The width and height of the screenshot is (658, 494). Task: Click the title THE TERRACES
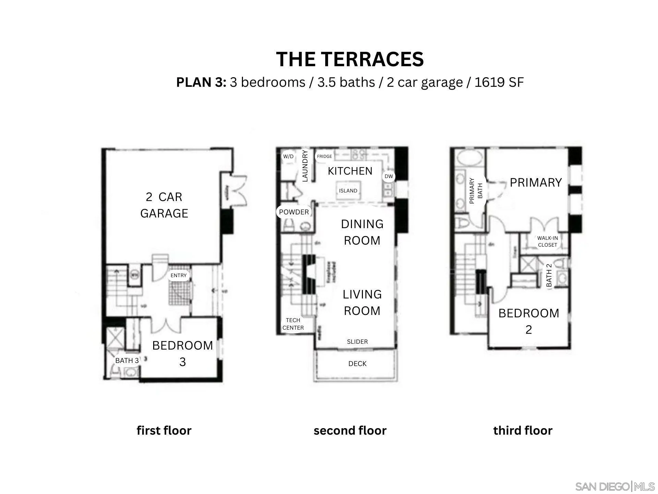[x=350, y=59]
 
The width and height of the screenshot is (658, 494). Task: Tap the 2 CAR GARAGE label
[x=164, y=205]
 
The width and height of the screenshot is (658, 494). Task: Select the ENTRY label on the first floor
[x=179, y=275]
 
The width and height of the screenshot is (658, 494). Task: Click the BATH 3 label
[x=127, y=361]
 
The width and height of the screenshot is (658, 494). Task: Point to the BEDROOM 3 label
[x=183, y=353]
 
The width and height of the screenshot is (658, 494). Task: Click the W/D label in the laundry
[x=288, y=156]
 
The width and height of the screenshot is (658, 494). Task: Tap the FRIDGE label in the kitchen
[x=324, y=156]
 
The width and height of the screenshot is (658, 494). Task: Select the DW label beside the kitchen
[x=389, y=176]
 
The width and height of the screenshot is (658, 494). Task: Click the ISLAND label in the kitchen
[x=348, y=191]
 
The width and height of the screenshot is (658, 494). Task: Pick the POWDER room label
[x=294, y=212]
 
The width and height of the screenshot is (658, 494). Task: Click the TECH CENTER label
[x=293, y=324]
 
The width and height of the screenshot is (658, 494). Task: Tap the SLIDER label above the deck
[x=357, y=342]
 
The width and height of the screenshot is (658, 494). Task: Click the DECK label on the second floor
[x=357, y=364]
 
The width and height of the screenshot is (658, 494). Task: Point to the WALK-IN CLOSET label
[x=547, y=242]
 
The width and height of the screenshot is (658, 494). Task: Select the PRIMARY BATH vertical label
[x=476, y=191]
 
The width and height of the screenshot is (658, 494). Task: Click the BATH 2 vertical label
[x=549, y=275]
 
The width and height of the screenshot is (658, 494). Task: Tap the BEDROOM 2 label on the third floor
[x=529, y=321]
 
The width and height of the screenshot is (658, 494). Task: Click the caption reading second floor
[x=350, y=431]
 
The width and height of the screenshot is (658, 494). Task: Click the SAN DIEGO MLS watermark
[x=615, y=486]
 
